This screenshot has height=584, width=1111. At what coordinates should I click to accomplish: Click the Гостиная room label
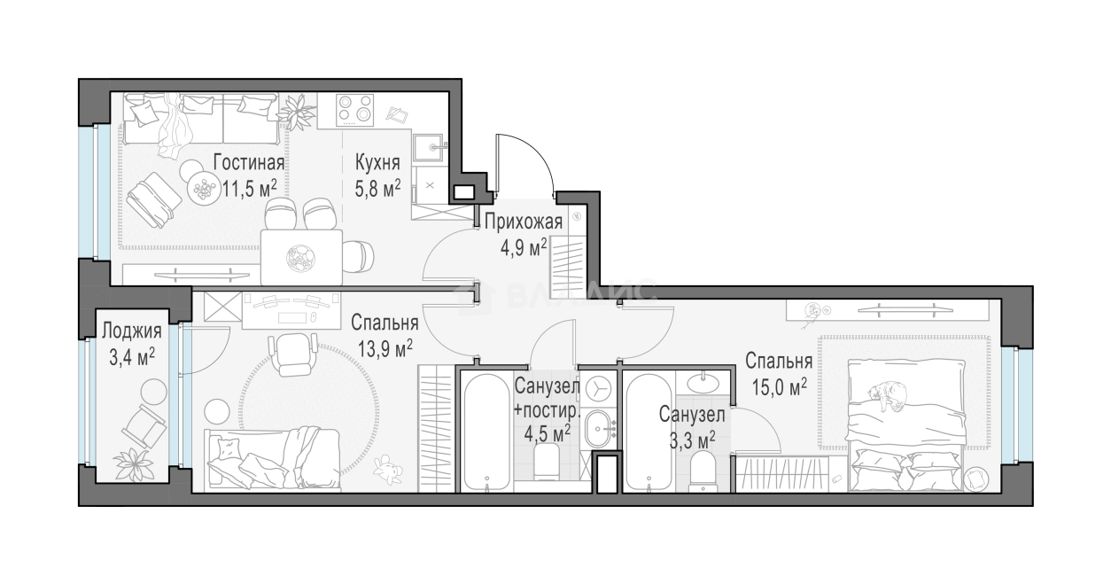[248, 163]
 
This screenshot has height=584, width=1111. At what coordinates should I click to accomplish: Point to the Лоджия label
[131, 332]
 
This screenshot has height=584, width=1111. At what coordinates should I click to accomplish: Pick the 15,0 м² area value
[777, 386]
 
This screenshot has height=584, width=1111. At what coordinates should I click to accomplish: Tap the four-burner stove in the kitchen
[354, 110]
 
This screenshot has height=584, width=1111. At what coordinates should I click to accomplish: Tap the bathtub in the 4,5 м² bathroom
[486, 431]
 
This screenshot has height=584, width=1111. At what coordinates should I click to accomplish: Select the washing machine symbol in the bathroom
[597, 389]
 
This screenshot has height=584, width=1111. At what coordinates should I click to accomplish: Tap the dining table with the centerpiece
[300, 256]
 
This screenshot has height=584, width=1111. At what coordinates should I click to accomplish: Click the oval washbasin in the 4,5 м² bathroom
[601, 427]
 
